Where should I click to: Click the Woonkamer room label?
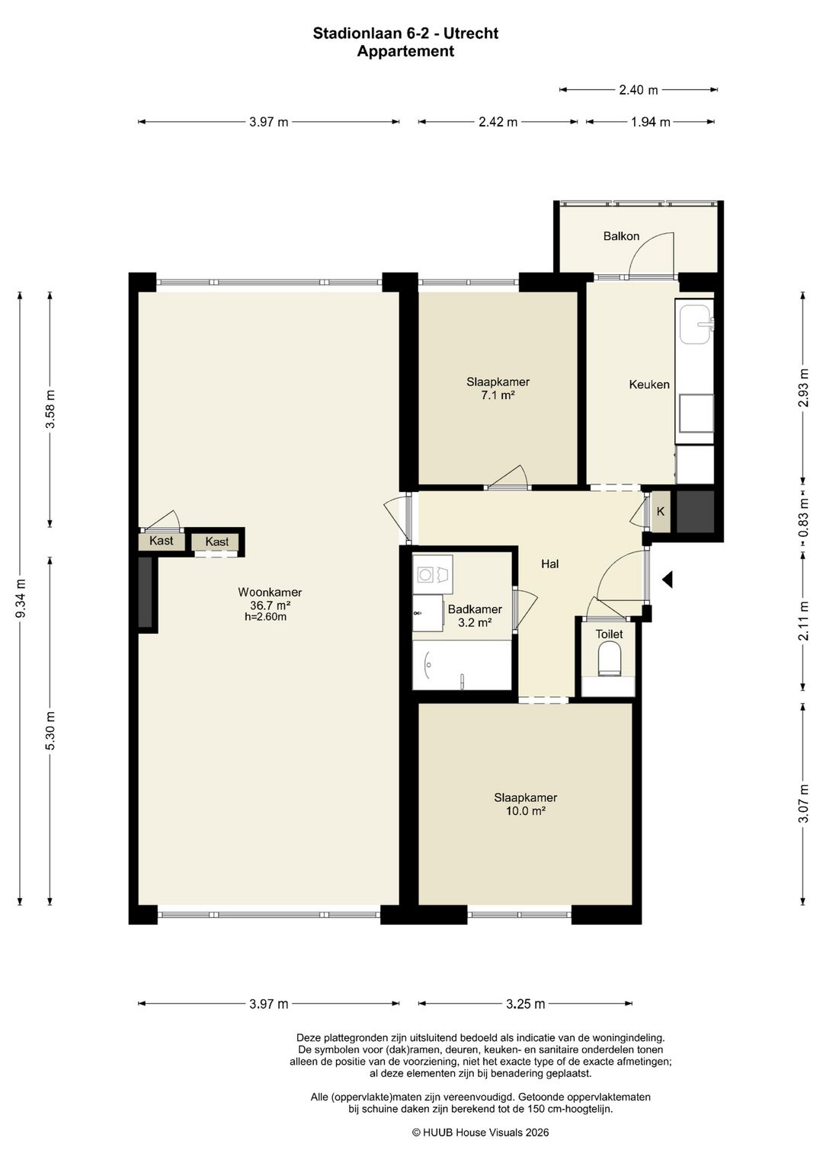[x=270, y=592]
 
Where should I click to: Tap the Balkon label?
[x=621, y=236]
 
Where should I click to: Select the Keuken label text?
[x=649, y=385]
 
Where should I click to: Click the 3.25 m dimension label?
[x=525, y=1004]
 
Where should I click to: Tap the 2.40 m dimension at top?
[x=638, y=91]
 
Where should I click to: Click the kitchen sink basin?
[x=695, y=324]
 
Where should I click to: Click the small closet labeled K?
[x=661, y=512]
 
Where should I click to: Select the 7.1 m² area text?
[x=497, y=395]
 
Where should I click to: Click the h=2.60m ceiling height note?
[x=265, y=618]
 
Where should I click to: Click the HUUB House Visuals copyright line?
[x=480, y=1133]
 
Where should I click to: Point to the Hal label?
[x=549, y=564]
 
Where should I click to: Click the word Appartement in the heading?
[x=405, y=51]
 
